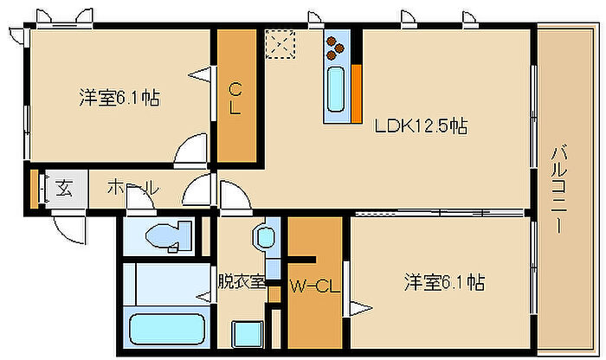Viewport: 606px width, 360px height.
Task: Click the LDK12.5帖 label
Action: (421, 126)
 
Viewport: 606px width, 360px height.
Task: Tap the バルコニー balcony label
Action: (559, 189)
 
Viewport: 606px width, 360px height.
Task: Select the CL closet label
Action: (235, 100)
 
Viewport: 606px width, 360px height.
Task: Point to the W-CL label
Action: (315, 286)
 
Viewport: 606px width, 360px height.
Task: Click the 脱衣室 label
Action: (242, 281)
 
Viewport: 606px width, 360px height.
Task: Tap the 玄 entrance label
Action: (64, 188)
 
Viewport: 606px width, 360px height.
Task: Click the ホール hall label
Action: (133, 188)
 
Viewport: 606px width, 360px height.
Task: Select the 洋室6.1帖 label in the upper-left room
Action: (119, 97)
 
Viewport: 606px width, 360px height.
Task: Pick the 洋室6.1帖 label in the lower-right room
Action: (444, 282)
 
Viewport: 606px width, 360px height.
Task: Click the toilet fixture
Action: (169, 236)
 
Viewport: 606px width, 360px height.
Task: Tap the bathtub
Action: (167, 329)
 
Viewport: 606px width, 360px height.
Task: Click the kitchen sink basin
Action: (336, 89)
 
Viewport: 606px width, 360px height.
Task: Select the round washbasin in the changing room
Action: (265, 237)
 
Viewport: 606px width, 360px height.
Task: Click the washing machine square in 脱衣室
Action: (248, 335)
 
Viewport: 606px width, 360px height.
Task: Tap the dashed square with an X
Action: (280, 44)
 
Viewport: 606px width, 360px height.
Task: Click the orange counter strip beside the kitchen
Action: (357, 93)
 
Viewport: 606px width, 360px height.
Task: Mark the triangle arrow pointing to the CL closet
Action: (200, 74)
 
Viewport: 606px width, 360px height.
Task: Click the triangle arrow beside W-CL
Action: (361, 308)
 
